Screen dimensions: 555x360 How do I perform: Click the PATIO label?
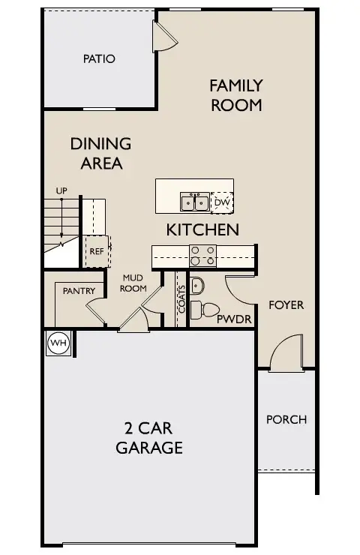tap(99, 58)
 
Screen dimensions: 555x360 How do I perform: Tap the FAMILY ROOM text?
tap(235, 95)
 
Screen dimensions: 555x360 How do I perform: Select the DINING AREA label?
tap(100, 152)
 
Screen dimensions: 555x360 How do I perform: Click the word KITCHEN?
tap(202, 229)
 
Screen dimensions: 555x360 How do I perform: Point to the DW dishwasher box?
tap(222, 202)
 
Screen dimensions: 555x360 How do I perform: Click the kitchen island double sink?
tap(194, 202)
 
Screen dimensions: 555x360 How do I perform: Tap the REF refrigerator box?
tap(97, 251)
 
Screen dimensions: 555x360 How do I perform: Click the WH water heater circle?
tap(58, 343)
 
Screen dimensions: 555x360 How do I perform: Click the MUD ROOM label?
tap(133, 283)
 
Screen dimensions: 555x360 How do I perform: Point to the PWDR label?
tap(233, 319)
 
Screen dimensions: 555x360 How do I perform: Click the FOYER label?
tap(286, 305)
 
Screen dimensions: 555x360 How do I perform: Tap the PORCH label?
tap(286, 419)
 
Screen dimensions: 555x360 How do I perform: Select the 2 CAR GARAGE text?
tap(149, 439)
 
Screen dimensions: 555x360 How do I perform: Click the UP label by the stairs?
tap(61, 191)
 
